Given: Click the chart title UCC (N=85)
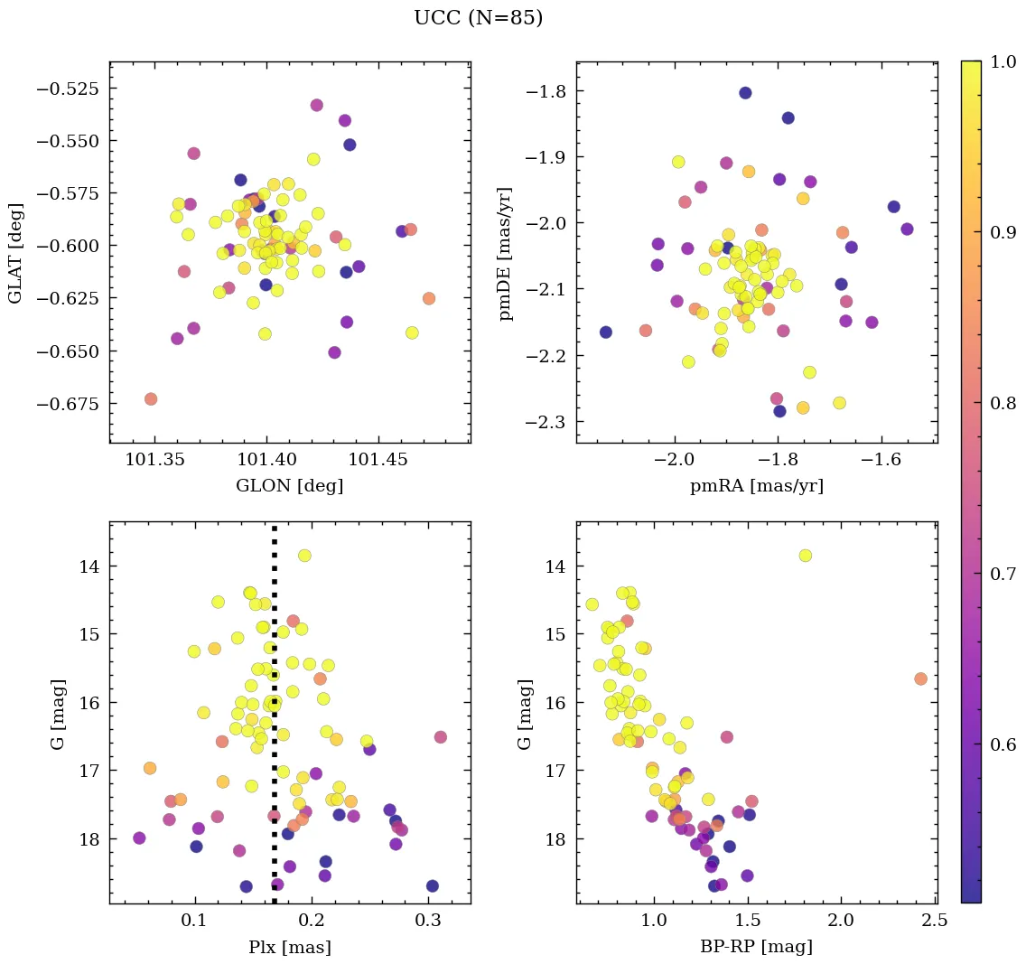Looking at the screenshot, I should (x=478, y=18).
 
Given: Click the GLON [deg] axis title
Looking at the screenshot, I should (x=289, y=486).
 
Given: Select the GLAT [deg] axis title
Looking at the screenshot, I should (x=15, y=252).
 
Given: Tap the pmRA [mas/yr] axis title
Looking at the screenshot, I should (x=757, y=486).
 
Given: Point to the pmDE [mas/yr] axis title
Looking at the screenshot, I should (x=506, y=252).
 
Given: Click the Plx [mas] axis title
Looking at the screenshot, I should (x=289, y=947).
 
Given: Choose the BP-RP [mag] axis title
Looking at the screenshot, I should (x=757, y=947).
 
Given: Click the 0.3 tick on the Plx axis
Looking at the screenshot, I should (x=429, y=922).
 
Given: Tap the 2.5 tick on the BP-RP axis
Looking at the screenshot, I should (x=935, y=922).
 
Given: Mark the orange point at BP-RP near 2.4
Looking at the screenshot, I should (x=920, y=679).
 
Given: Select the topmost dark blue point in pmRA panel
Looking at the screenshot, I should (x=745, y=93).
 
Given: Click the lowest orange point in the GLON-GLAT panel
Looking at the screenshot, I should (x=151, y=399).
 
